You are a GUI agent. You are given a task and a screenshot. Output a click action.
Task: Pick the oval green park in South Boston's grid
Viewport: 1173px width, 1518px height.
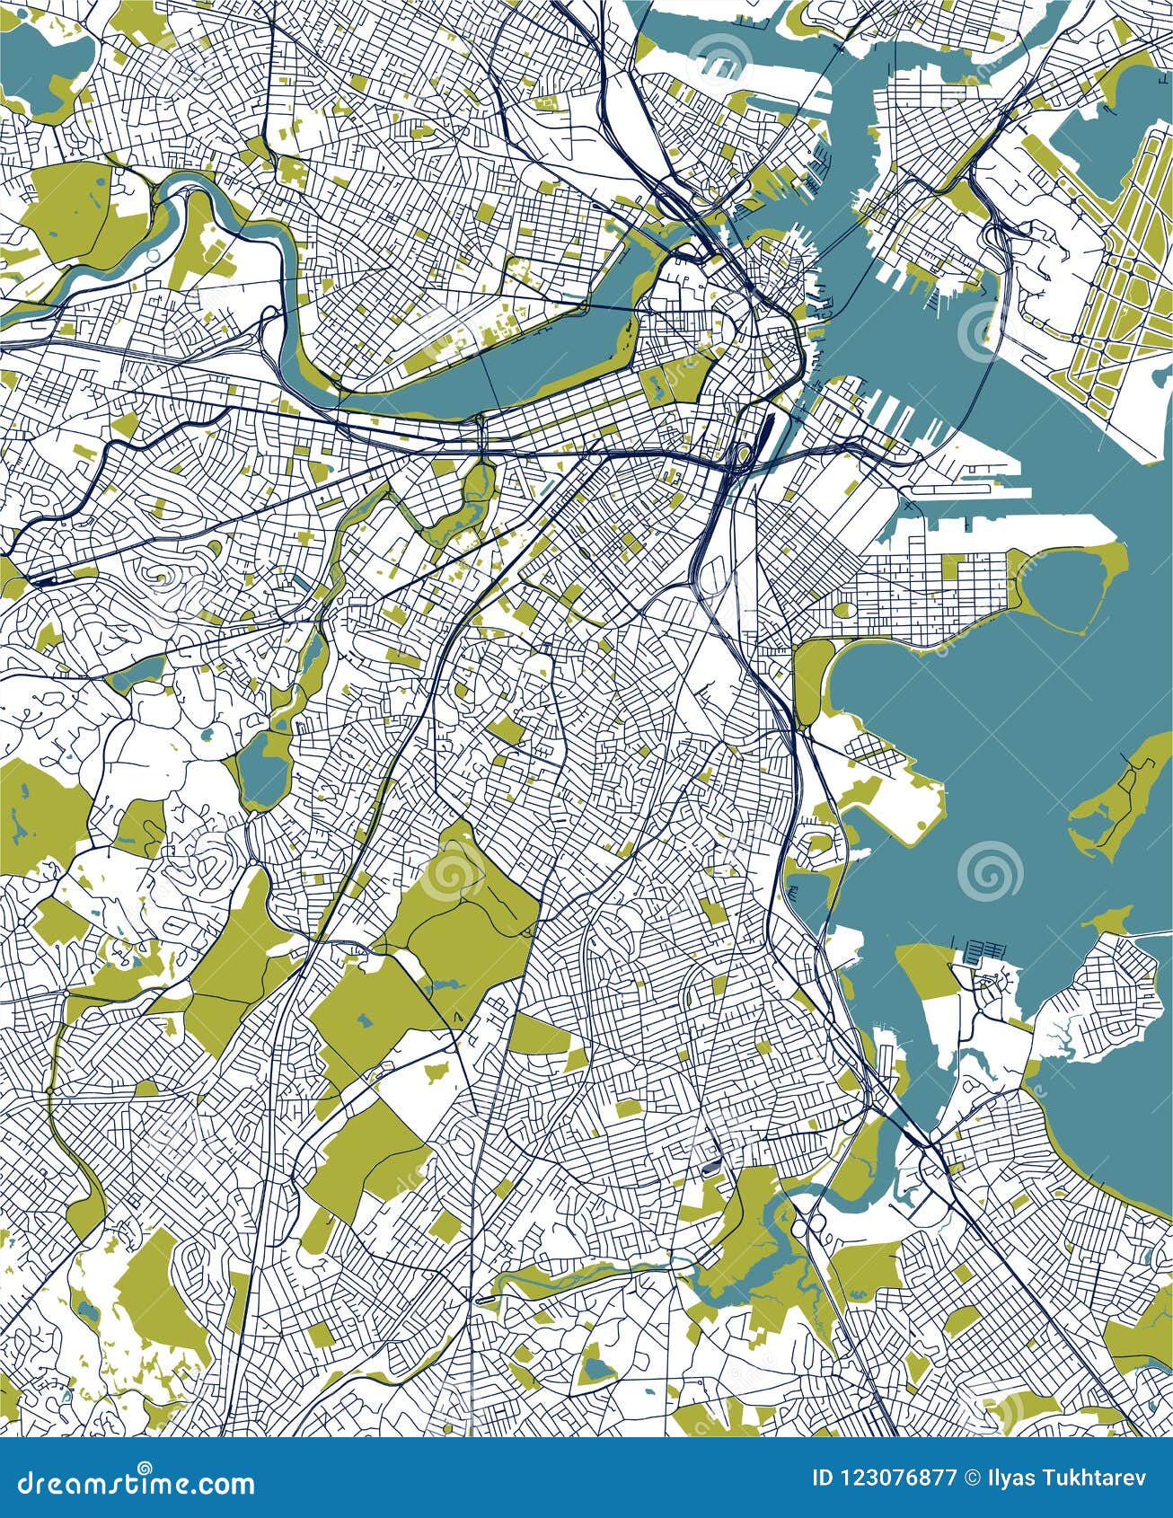[x=845, y=610]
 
